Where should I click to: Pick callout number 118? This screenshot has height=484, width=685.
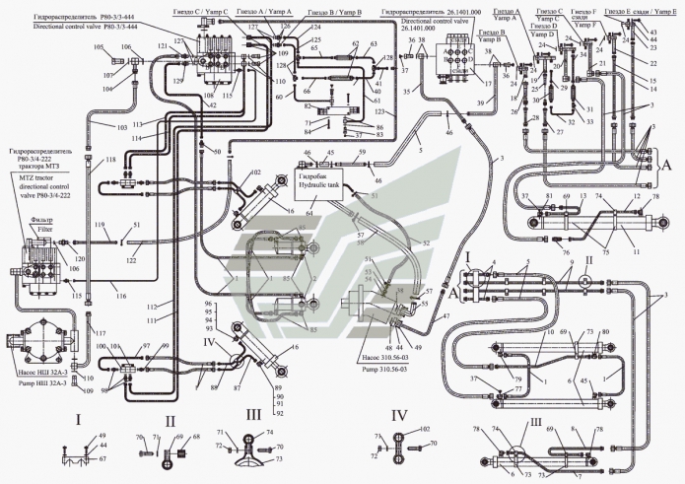(110, 160)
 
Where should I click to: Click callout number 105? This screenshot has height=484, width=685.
(98, 47)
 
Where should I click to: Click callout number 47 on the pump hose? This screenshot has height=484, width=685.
(445, 315)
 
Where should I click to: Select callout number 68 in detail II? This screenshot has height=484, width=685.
(193, 435)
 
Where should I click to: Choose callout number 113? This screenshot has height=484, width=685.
(109, 124)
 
